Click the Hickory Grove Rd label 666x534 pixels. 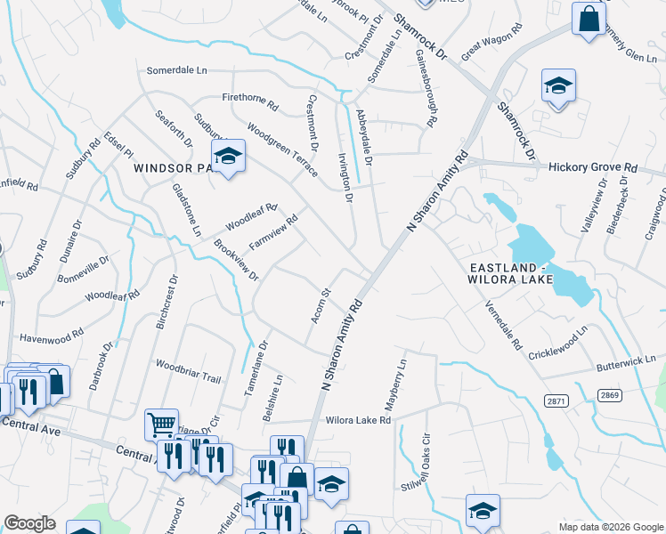pos(593,166)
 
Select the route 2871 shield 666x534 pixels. pos(556,402)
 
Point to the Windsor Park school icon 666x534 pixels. pos(229,157)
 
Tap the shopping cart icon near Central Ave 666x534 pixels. pos(161,424)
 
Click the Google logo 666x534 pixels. pos(30,522)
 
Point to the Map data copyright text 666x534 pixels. pos(610,526)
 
